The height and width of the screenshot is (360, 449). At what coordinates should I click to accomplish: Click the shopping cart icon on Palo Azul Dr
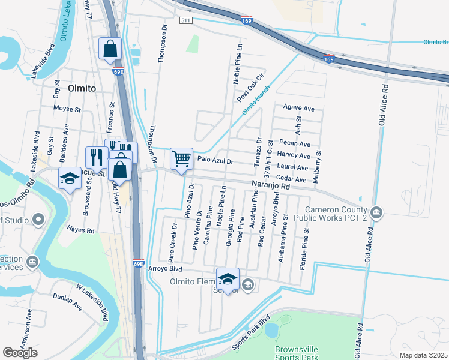pyautogui.click(x=181, y=159)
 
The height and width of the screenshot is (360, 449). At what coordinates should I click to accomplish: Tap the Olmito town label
pyautogui.click(x=82, y=88)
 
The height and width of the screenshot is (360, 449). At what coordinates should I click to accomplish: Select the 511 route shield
pyautogui.click(x=185, y=20)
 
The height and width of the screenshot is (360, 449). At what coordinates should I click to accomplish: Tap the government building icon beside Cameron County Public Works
pyautogui.click(x=376, y=212)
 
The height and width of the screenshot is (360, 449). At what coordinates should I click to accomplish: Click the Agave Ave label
pyautogui.click(x=298, y=109)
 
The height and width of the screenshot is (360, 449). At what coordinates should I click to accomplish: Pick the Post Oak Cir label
pyautogui.click(x=250, y=88)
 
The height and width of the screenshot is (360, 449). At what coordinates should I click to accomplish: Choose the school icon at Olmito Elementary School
pyautogui.click(x=228, y=279)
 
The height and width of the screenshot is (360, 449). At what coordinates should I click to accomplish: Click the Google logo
pyautogui.click(x=20, y=353)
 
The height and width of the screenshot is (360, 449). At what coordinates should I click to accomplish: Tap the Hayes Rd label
pyautogui.click(x=82, y=230)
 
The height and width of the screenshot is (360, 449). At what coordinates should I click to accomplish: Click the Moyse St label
pyautogui.click(x=67, y=110)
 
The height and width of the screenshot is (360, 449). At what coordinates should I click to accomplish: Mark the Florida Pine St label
pyautogui.click(x=307, y=239)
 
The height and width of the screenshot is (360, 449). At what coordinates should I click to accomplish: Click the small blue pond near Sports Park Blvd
pyautogui.click(x=271, y=330)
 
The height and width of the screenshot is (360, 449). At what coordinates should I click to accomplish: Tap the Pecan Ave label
pyautogui.click(x=295, y=144)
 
